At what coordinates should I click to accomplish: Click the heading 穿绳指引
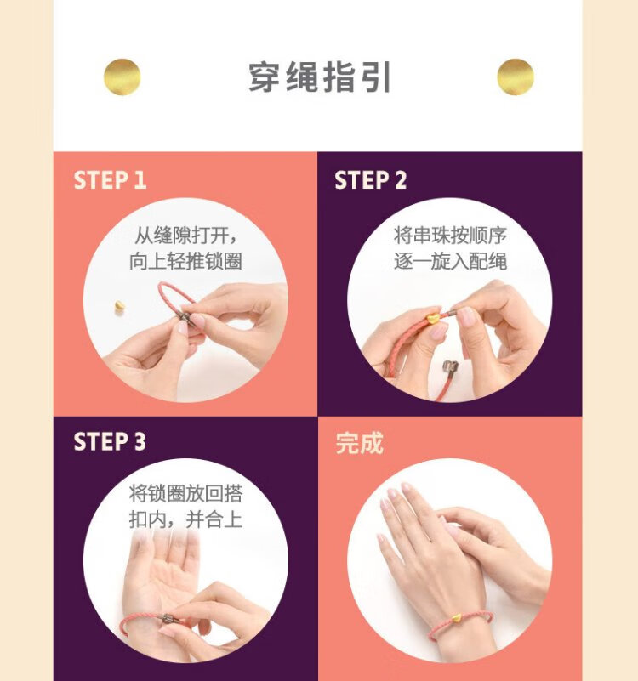point(320,77)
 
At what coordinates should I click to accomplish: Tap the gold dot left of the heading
point(122,77)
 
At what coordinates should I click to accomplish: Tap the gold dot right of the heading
point(516,77)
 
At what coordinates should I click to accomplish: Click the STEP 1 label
point(110,179)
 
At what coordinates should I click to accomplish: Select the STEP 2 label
point(370,179)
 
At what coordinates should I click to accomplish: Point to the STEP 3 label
point(110,441)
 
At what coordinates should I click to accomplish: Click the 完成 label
point(360,443)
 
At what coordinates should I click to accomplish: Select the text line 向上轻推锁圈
point(185,261)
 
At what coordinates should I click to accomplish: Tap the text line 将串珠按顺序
point(450,236)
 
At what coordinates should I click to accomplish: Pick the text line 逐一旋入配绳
point(450,261)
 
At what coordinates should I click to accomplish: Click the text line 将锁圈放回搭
point(185,493)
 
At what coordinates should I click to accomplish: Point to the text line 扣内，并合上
point(185,519)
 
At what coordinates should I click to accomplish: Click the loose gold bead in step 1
point(119,306)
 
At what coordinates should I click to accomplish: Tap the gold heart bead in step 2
point(433,317)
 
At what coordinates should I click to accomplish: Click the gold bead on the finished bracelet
point(455,618)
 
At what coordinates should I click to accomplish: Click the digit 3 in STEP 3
point(140,441)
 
